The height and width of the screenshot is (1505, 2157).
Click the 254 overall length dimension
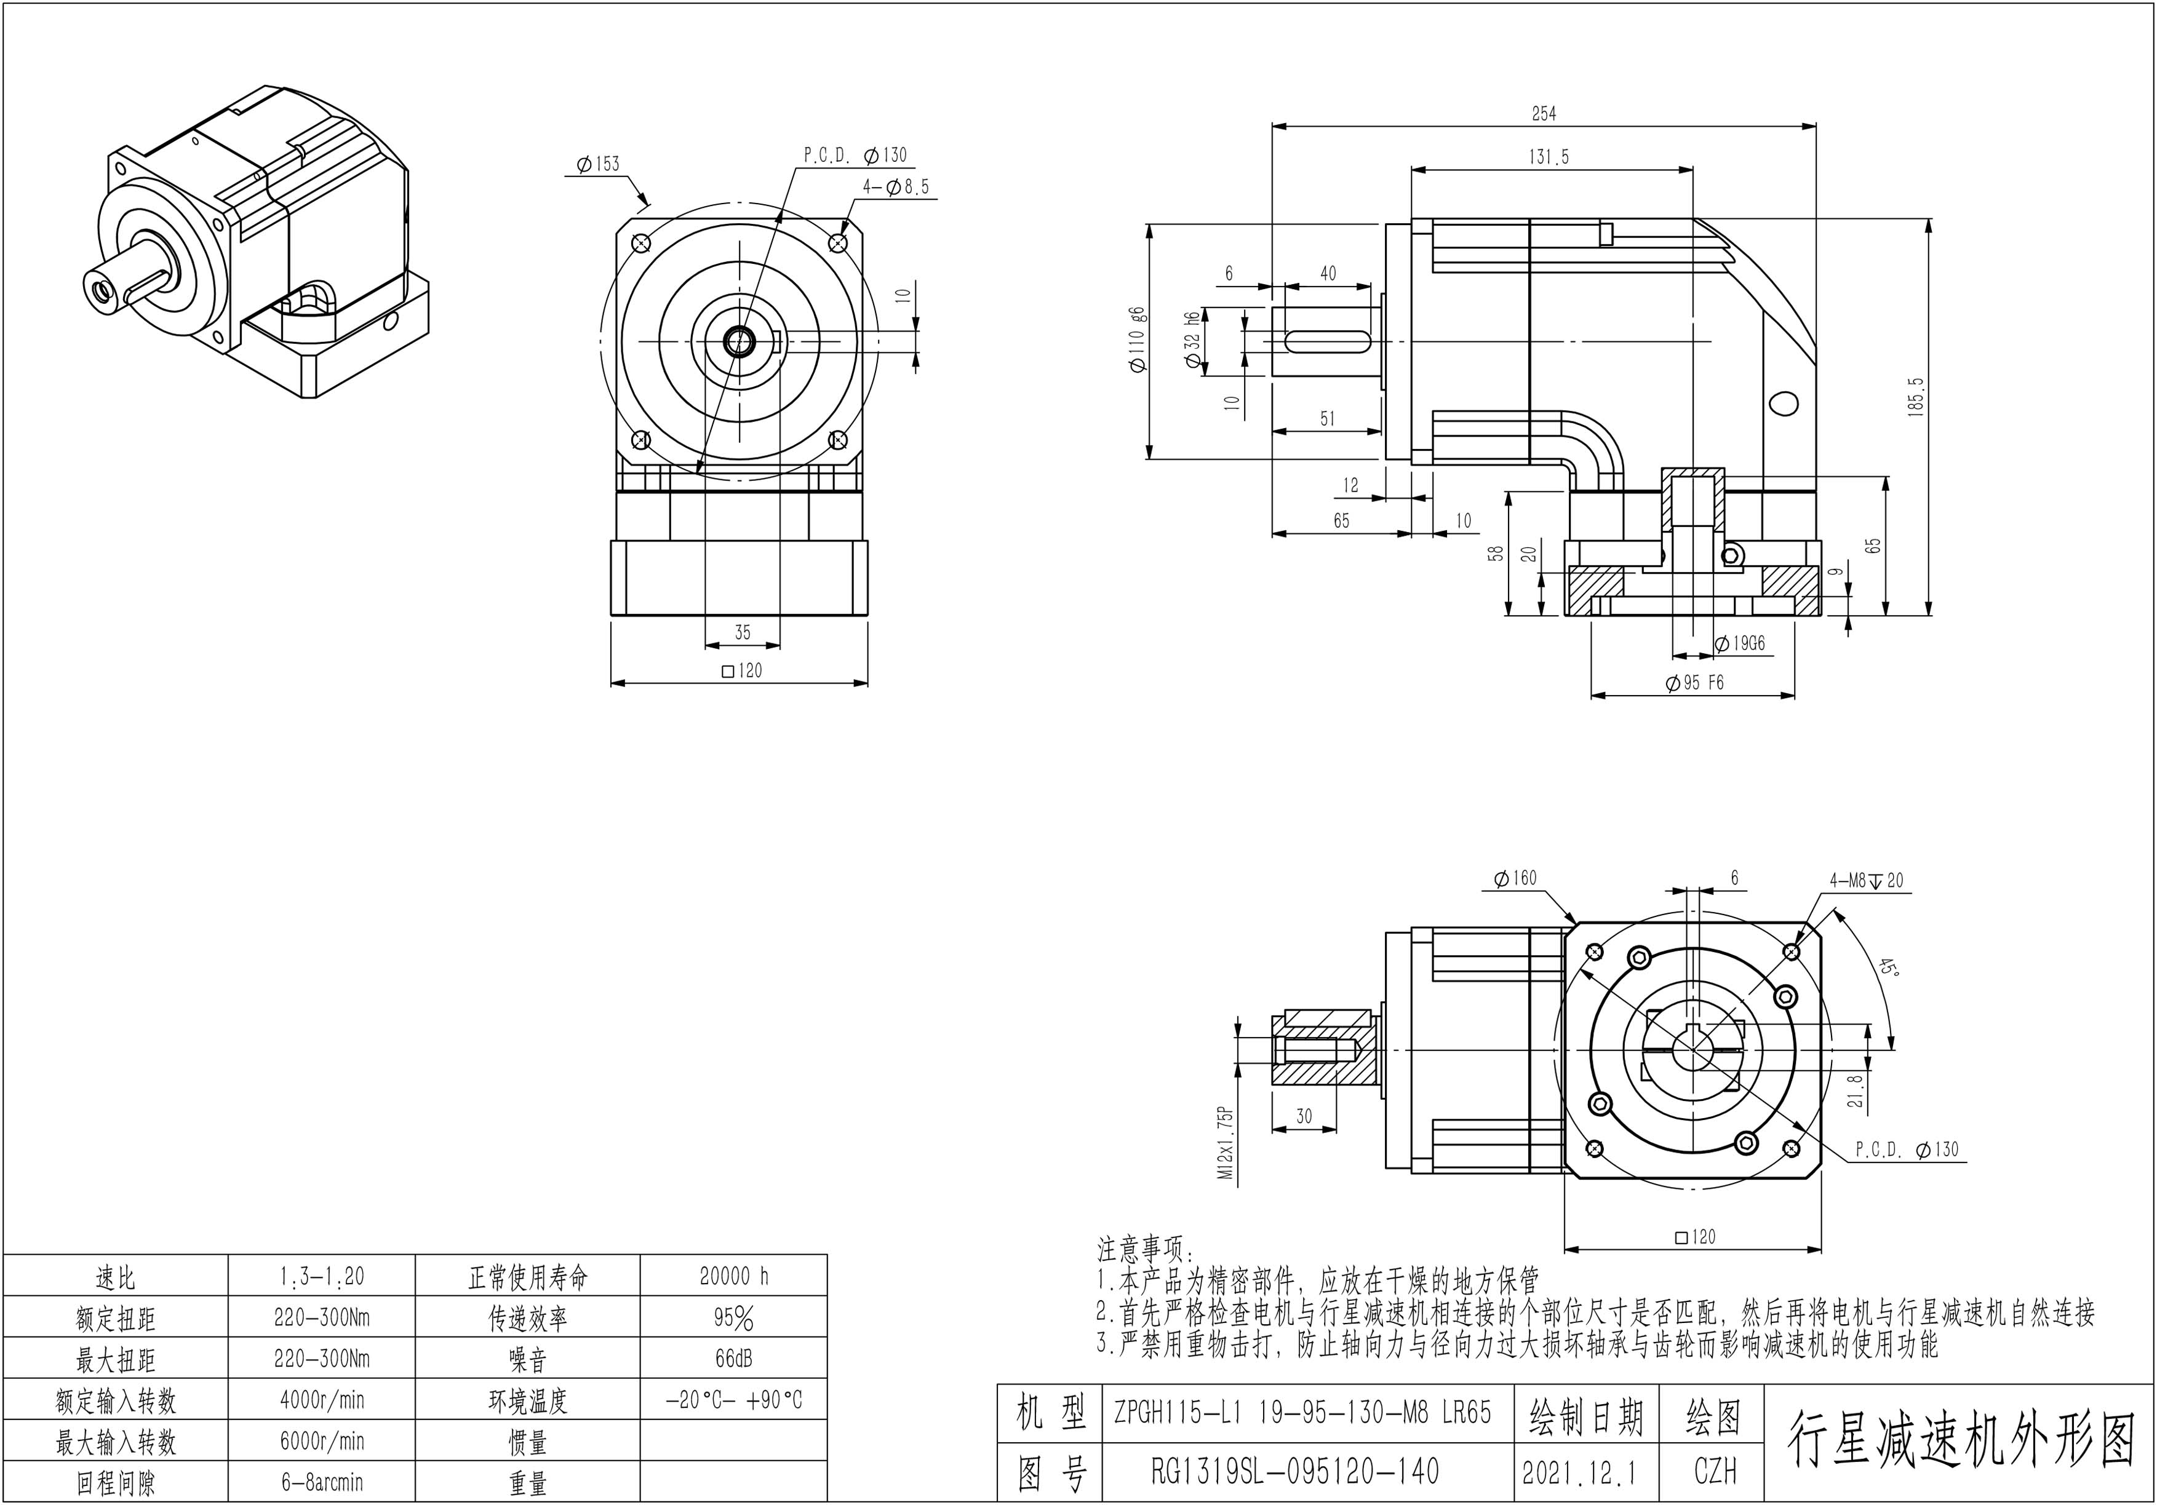1544,114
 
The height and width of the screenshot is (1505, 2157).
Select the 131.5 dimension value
1549,157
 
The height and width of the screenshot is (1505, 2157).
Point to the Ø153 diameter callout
599,164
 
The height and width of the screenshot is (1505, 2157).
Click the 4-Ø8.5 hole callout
895,187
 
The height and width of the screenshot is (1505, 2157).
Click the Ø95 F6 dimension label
1695,683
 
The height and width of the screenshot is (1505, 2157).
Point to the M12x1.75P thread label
1225,1142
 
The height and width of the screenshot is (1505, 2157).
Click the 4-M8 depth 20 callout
1866,880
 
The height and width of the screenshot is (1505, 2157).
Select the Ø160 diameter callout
1515,878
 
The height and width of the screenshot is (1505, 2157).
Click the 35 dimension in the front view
742,632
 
